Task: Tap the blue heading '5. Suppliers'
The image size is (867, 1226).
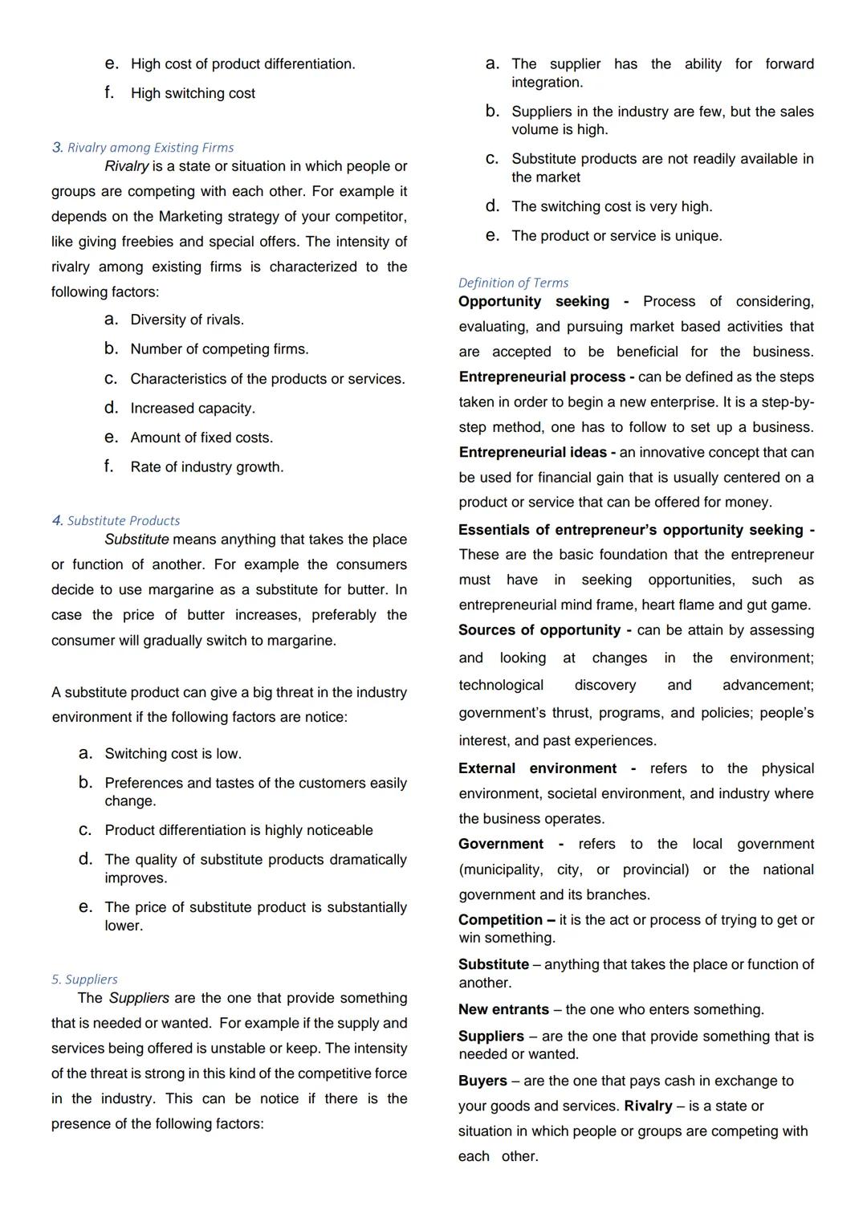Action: coord(84,980)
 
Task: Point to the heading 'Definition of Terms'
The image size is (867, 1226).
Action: coord(513,283)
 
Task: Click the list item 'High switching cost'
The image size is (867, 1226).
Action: coord(193,93)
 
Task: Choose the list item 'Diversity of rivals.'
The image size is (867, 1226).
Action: coord(187,320)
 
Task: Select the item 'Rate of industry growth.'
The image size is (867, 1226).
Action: coord(206,467)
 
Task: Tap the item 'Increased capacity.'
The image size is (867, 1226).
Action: coord(193,409)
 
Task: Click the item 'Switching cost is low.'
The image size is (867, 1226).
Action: coord(173,754)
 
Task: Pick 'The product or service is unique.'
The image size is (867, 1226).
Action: coord(617,236)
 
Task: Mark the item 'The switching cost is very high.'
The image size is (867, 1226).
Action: coord(612,207)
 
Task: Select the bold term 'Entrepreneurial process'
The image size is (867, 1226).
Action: coord(542,377)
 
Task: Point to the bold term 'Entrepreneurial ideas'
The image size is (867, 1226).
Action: coord(532,453)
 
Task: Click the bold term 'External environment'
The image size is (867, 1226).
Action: coord(537,769)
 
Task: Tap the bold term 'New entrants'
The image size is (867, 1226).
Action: coord(503,1010)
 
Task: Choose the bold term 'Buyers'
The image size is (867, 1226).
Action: coord(482,1081)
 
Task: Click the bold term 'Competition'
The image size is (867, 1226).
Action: coord(500,920)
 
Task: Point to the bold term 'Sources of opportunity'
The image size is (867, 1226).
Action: coord(539,631)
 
